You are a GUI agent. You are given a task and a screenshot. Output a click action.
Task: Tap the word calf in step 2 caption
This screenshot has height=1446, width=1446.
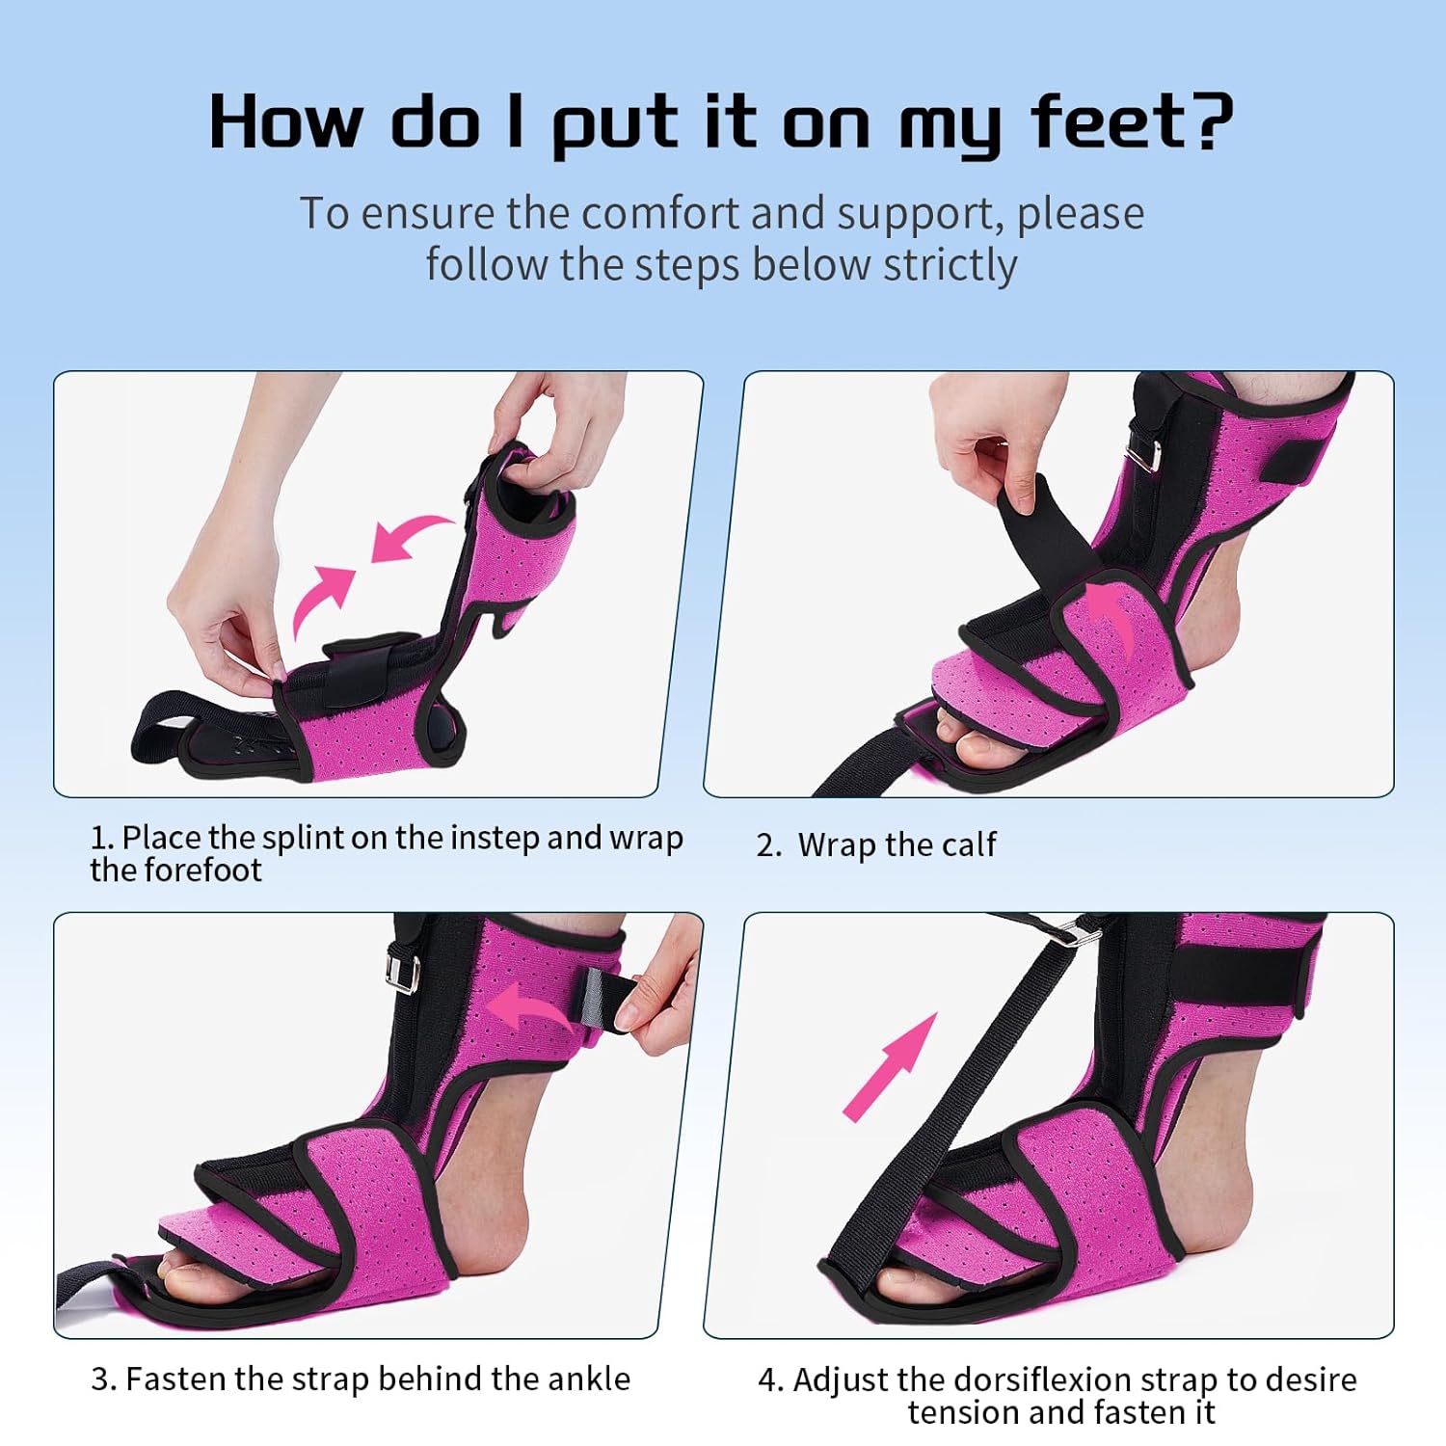pos(967,844)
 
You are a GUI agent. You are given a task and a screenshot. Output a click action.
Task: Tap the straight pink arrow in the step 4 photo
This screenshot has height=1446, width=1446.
pos(890,1065)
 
